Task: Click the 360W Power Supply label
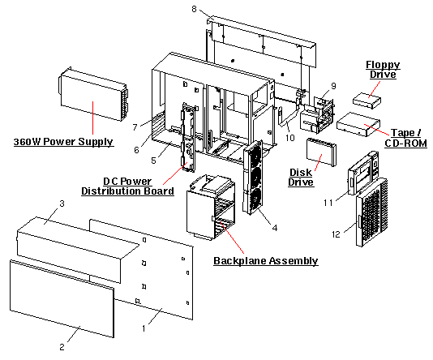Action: (63, 142)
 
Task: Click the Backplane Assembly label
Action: (265, 260)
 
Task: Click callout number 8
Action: (194, 9)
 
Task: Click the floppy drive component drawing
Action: (371, 100)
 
